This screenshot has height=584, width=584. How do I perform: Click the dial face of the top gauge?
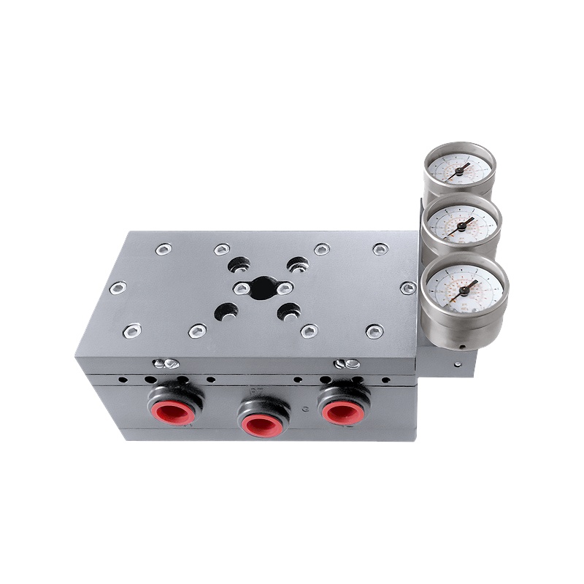coord(459,169)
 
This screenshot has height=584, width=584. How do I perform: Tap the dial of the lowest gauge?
coord(464,288)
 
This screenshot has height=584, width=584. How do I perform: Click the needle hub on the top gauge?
coord(459,170)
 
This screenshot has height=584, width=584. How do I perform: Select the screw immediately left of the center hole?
coord(241,289)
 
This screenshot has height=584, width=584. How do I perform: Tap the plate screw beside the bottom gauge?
coord(408,288)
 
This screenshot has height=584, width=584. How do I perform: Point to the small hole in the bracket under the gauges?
coord(458,364)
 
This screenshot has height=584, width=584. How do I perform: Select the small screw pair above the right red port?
coord(346,363)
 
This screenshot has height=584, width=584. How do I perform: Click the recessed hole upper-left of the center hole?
coord(237,264)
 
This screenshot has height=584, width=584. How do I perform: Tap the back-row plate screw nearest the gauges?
coord(380,249)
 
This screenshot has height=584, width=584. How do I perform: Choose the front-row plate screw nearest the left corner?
coord(132,331)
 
